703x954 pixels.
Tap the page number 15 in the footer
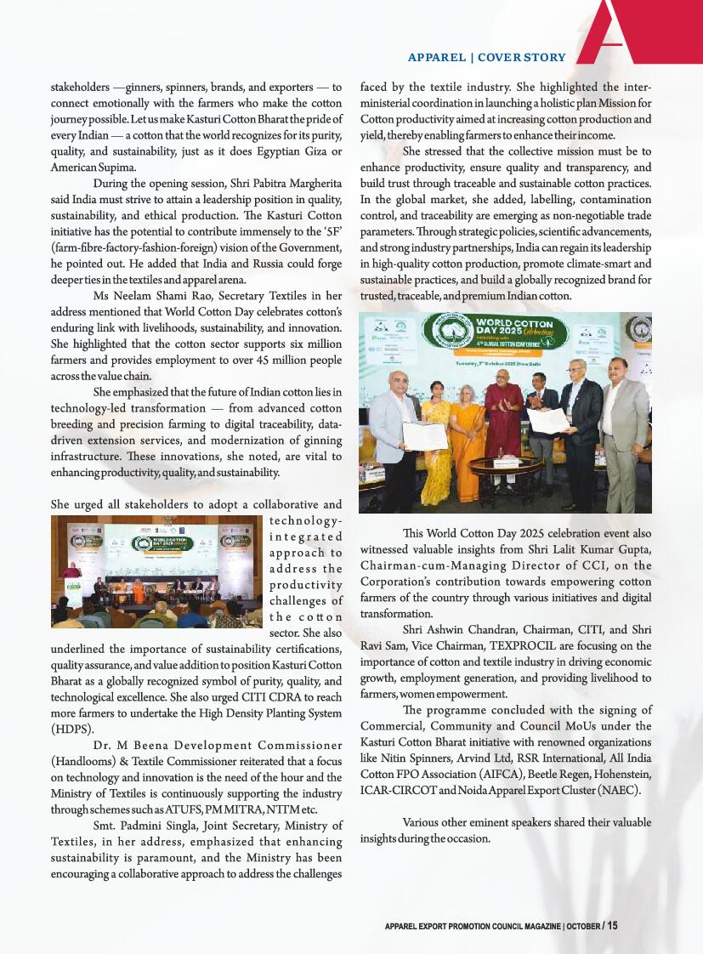(612, 926)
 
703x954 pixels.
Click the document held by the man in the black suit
(548, 419)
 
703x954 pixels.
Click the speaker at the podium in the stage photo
(71, 573)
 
